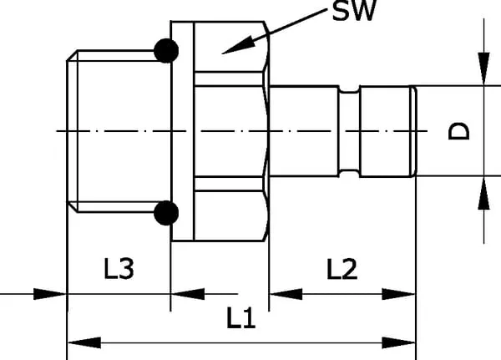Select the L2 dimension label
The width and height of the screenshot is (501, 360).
[x=342, y=269]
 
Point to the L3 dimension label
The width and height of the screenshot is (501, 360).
[x=119, y=269]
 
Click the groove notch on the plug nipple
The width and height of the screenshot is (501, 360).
[x=350, y=131]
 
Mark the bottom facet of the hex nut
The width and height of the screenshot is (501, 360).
[x=226, y=212]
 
